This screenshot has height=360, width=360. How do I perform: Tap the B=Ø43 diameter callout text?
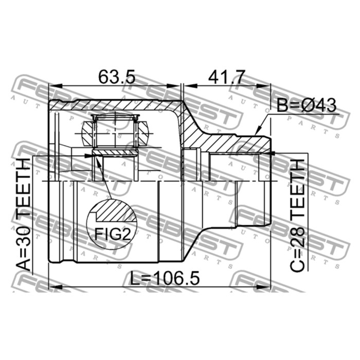(x=307, y=105)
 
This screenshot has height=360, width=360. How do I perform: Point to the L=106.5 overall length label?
(x=165, y=278)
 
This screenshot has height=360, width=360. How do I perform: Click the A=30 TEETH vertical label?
(x=24, y=214)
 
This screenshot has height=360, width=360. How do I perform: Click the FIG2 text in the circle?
(x=113, y=234)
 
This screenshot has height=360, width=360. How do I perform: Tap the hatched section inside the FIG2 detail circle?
(x=115, y=211)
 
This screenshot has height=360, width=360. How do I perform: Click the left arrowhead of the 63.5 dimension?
(x=56, y=86)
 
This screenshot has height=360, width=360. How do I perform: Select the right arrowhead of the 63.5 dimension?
(x=174, y=86)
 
